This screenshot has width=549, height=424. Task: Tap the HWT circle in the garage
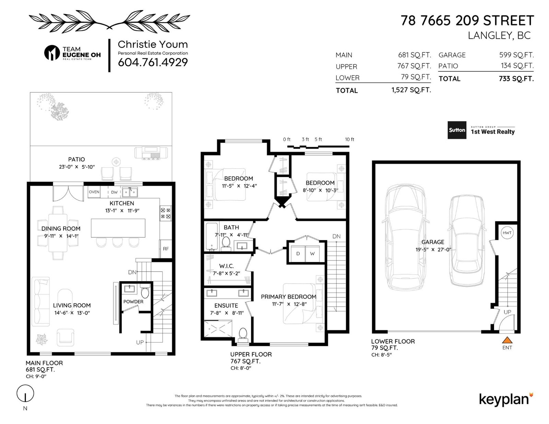(x=507, y=233)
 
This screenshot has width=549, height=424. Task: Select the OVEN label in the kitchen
(x=94, y=192)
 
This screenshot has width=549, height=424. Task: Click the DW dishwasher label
(x=114, y=192)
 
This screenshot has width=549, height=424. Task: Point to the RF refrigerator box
(x=166, y=248)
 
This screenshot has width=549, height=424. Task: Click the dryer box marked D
(x=298, y=253)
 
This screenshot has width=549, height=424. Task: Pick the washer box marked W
(x=312, y=253)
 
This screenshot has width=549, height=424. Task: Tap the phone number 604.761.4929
(x=153, y=62)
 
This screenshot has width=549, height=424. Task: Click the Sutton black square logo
(x=457, y=130)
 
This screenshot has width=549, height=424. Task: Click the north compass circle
(x=25, y=393)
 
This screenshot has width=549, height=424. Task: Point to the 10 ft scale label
(x=349, y=139)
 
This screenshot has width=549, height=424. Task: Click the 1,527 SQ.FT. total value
(x=411, y=90)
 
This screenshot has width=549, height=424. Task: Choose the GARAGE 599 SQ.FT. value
(x=516, y=55)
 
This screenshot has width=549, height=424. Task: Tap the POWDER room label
(x=133, y=302)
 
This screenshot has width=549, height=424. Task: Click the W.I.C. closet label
(x=226, y=266)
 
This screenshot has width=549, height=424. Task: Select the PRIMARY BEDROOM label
(x=289, y=297)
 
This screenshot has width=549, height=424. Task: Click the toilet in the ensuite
(x=243, y=333)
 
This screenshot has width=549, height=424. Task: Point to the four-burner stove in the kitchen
(x=165, y=213)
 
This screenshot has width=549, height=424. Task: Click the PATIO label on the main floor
(x=76, y=160)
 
